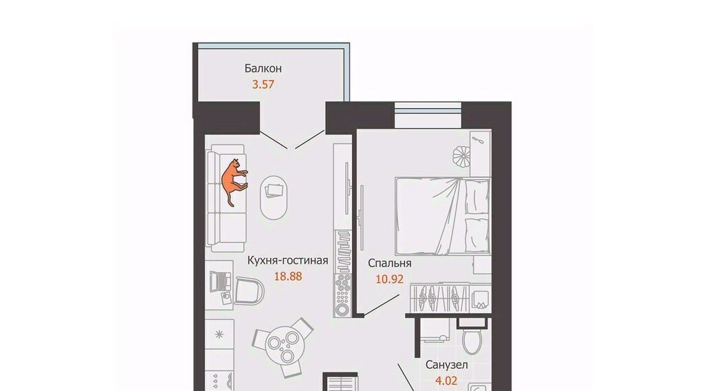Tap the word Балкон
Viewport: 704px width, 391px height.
pyautogui.click(x=263, y=68)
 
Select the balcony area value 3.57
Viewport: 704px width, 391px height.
pyautogui.click(x=263, y=85)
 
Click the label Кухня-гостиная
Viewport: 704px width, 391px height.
pyautogui.click(x=288, y=260)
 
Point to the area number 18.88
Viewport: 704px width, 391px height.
pyautogui.click(x=288, y=277)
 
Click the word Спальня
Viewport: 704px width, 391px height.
pyautogui.click(x=390, y=264)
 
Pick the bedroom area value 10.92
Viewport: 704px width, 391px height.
pyautogui.click(x=390, y=279)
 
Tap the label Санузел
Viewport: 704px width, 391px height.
pyautogui.click(x=447, y=365)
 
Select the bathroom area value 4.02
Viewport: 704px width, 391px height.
pyautogui.click(x=447, y=381)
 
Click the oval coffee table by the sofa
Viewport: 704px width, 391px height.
pyautogui.click(x=274, y=198)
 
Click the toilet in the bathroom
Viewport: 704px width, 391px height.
pyautogui.click(x=472, y=337)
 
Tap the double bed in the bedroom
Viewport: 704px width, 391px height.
pyautogui.click(x=443, y=216)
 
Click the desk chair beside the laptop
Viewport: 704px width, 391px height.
pyautogui.click(x=249, y=291)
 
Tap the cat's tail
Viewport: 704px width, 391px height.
pyautogui.click(x=230, y=198)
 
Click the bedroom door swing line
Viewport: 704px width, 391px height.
pyautogui.click(x=381, y=305)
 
